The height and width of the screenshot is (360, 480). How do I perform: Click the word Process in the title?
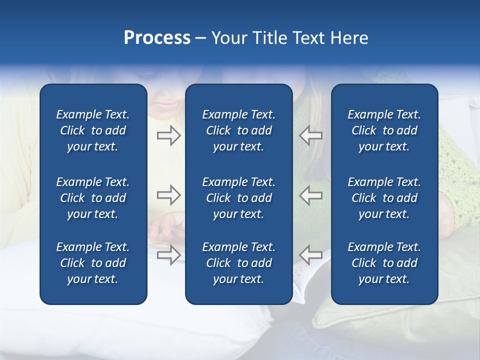coord(157,38)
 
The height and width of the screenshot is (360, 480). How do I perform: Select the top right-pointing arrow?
coord(168,135)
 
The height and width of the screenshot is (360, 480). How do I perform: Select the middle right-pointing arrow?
coord(168,194)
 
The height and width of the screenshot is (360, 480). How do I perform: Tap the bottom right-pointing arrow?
coord(168,254)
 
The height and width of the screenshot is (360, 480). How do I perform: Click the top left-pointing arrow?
coord(311,135)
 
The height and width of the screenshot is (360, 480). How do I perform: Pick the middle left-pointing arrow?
coord(311,194)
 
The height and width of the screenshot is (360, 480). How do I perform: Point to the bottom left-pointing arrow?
coord(311,254)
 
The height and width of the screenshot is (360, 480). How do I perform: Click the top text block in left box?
coord(93,130)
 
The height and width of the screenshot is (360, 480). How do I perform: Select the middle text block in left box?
coord(93,198)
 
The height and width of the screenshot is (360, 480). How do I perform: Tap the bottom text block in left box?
coord(93,263)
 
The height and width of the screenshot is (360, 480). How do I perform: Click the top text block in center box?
coord(239,130)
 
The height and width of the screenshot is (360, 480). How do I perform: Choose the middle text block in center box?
coord(239,198)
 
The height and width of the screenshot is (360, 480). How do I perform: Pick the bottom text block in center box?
coord(239,263)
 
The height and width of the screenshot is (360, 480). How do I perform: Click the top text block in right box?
coord(384,130)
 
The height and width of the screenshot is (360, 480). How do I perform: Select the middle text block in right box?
coord(384,198)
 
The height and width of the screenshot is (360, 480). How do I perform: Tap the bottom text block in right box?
coord(384,263)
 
